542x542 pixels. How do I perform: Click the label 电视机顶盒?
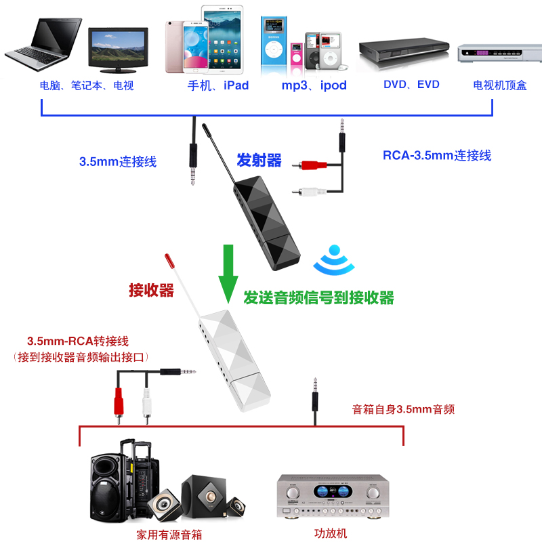499,85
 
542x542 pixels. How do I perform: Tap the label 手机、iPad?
218,85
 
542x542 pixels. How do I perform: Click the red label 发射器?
259,161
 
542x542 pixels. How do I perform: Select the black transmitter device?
265,217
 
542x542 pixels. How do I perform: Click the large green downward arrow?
229,272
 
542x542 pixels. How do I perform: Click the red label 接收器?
152,291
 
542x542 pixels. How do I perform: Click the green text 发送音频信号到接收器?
318,297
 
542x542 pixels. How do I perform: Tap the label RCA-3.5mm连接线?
436,155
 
